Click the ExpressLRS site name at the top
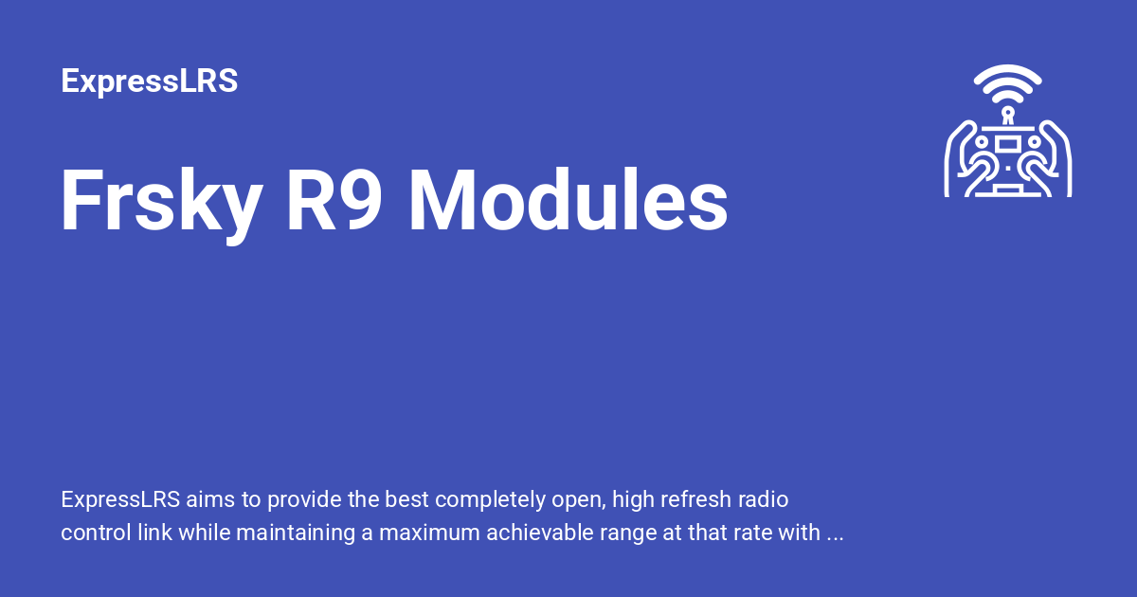click(149, 81)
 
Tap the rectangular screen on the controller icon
click(1008, 143)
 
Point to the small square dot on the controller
click(1008, 164)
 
